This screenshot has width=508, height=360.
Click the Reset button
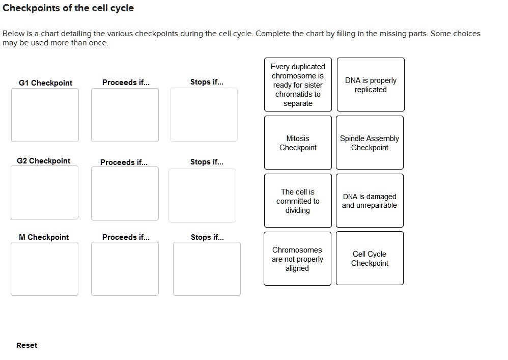click(x=26, y=345)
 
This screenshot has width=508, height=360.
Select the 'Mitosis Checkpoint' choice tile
click(x=298, y=143)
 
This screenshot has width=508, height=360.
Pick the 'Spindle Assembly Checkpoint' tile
click(x=370, y=143)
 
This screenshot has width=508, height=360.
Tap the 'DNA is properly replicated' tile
click(x=371, y=85)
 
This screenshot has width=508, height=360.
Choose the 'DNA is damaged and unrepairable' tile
click(x=370, y=201)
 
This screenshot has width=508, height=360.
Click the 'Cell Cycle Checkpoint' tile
click(x=370, y=258)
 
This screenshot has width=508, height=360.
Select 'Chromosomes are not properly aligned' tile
click(x=297, y=259)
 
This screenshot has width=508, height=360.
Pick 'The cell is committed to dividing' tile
click(x=298, y=201)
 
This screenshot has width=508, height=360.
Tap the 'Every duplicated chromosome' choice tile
click(x=298, y=85)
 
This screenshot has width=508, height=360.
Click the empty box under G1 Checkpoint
click(x=45, y=115)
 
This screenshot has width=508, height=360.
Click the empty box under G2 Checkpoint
click(x=45, y=192)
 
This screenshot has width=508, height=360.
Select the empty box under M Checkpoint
click(x=45, y=269)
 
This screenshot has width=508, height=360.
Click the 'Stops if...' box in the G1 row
click(x=204, y=115)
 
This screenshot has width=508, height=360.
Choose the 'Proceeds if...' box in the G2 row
click(x=125, y=193)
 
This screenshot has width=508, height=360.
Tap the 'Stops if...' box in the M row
click(x=207, y=269)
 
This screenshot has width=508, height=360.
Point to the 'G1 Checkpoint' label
click(x=45, y=83)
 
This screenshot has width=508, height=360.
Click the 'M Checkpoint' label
click(x=44, y=237)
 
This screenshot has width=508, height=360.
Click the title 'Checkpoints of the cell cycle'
click(x=68, y=8)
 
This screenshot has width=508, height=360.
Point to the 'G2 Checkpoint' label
click(x=44, y=161)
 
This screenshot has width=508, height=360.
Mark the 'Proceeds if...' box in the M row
click(x=125, y=269)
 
